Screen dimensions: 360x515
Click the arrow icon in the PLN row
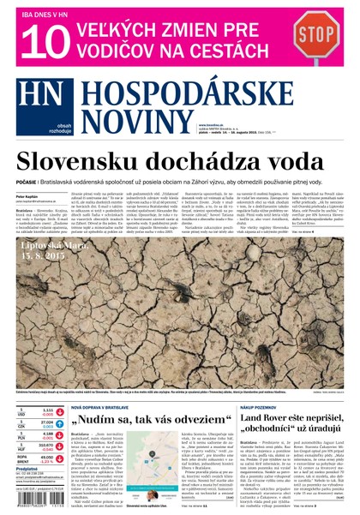61,434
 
